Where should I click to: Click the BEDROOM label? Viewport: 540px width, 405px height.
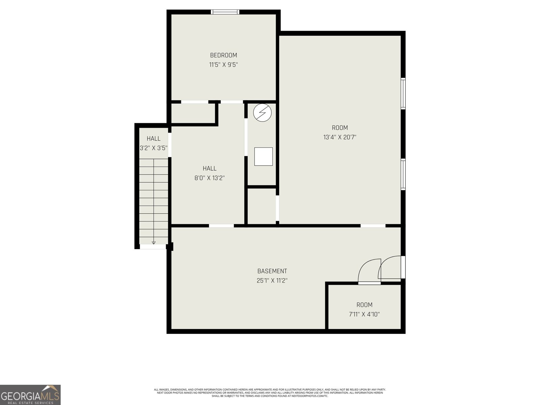[223, 55]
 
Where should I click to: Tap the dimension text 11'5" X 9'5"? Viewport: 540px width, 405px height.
[223, 65]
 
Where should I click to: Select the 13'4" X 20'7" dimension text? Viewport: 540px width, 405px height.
[340, 137]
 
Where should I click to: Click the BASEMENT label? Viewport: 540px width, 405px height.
[272, 271]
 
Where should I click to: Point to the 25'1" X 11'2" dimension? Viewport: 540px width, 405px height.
[272, 280]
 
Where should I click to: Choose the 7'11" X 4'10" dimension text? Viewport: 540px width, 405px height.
[364, 314]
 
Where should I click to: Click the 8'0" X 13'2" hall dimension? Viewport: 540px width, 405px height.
[210, 178]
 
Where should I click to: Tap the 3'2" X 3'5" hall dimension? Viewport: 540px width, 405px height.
[154, 148]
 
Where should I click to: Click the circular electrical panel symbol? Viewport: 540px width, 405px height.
[263, 113]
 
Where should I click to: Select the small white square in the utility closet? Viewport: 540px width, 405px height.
[264, 156]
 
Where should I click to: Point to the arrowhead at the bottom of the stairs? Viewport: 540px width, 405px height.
[154, 243]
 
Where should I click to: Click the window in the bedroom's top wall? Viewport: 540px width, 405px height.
[225, 12]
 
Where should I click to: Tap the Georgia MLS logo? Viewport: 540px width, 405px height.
[30, 395]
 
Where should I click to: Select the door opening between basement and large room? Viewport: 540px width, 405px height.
[373, 226]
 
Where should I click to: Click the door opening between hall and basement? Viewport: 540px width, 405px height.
[221, 226]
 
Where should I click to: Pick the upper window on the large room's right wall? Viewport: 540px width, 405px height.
[403, 93]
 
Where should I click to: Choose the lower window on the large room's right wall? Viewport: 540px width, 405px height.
[403, 174]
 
